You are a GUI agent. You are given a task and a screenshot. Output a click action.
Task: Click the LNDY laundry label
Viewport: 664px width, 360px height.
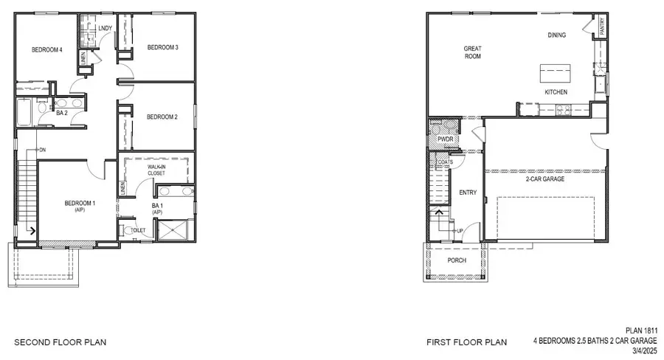(x=105, y=29)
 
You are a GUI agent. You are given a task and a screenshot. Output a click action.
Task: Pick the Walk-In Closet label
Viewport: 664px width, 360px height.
(x=156, y=170)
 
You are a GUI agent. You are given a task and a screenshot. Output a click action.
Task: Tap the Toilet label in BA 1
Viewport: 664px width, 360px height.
(x=139, y=230)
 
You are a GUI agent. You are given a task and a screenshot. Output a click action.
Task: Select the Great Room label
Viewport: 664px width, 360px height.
(x=472, y=53)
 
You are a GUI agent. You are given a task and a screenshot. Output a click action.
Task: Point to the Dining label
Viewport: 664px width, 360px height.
(x=556, y=35)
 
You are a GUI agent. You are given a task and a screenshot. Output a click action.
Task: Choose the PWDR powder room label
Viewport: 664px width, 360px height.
(x=444, y=139)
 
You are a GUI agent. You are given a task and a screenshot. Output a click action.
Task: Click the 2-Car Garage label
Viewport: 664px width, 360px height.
(x=545, y=178)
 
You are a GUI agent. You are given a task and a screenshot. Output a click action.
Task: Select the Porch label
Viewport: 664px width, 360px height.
(x=457, y=260)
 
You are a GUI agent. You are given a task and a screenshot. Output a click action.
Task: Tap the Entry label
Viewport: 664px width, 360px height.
(x=468, y=193)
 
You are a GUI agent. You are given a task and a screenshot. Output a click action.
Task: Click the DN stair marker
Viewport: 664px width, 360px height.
(x=42, y=150)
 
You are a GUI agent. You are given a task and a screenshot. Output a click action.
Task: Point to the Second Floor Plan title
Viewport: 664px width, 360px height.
(x=60, y=342)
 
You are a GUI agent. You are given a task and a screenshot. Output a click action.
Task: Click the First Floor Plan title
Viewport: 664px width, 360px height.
(x=466, y=342)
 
